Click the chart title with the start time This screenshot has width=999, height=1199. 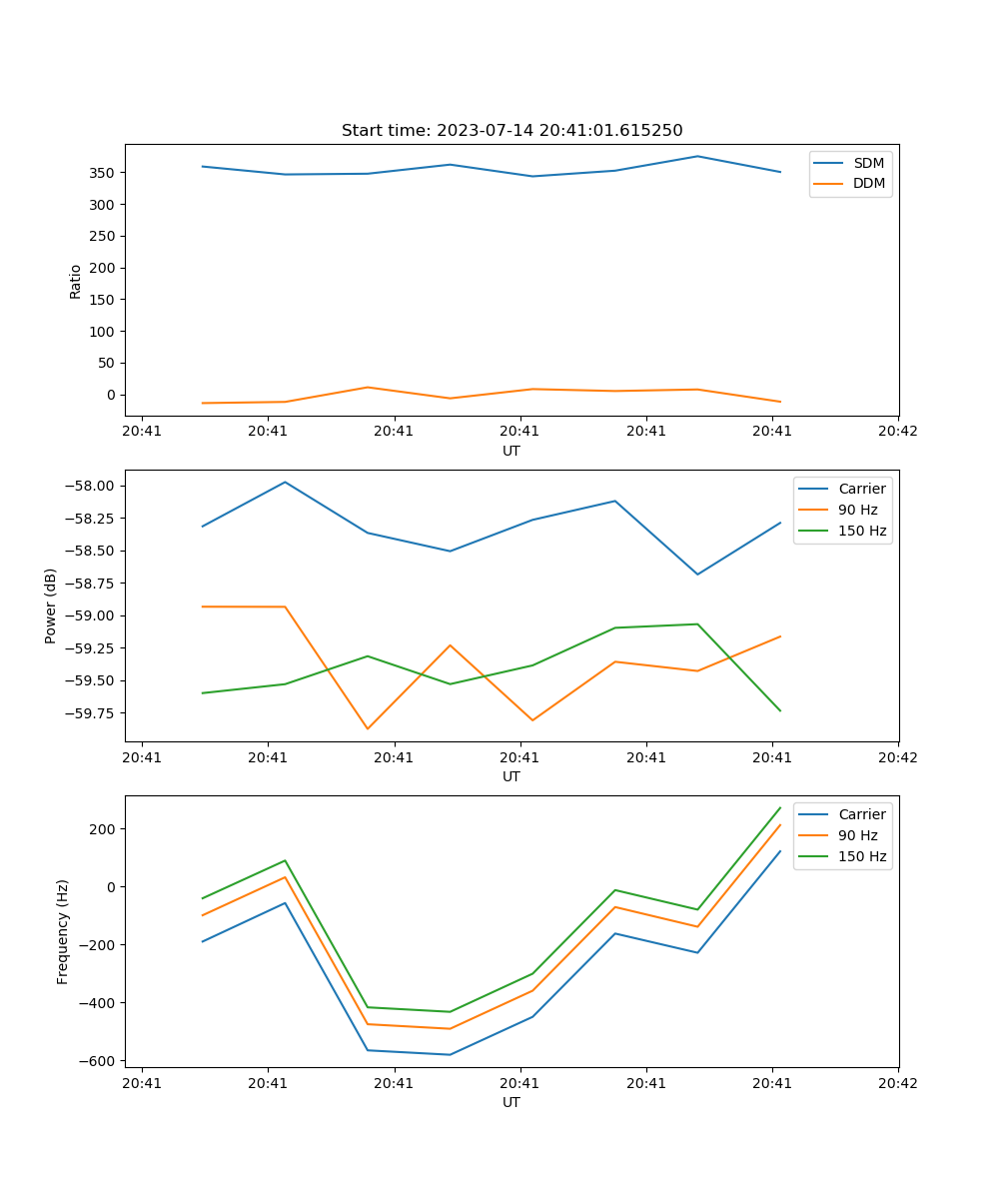tap(511, 131)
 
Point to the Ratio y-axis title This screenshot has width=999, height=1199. tap(76, 281)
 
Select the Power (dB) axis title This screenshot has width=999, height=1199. tap(51, 605)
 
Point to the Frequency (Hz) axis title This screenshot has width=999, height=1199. tap(63, 931)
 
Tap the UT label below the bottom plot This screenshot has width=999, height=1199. tap(511, 1102)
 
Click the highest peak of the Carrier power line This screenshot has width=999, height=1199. tap(286, 482)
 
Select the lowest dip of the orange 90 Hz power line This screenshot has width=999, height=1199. tap(368, 728)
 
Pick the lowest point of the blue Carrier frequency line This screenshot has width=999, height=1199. tap(450, 1054)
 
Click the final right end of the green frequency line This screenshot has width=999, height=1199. tap(780, 807)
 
